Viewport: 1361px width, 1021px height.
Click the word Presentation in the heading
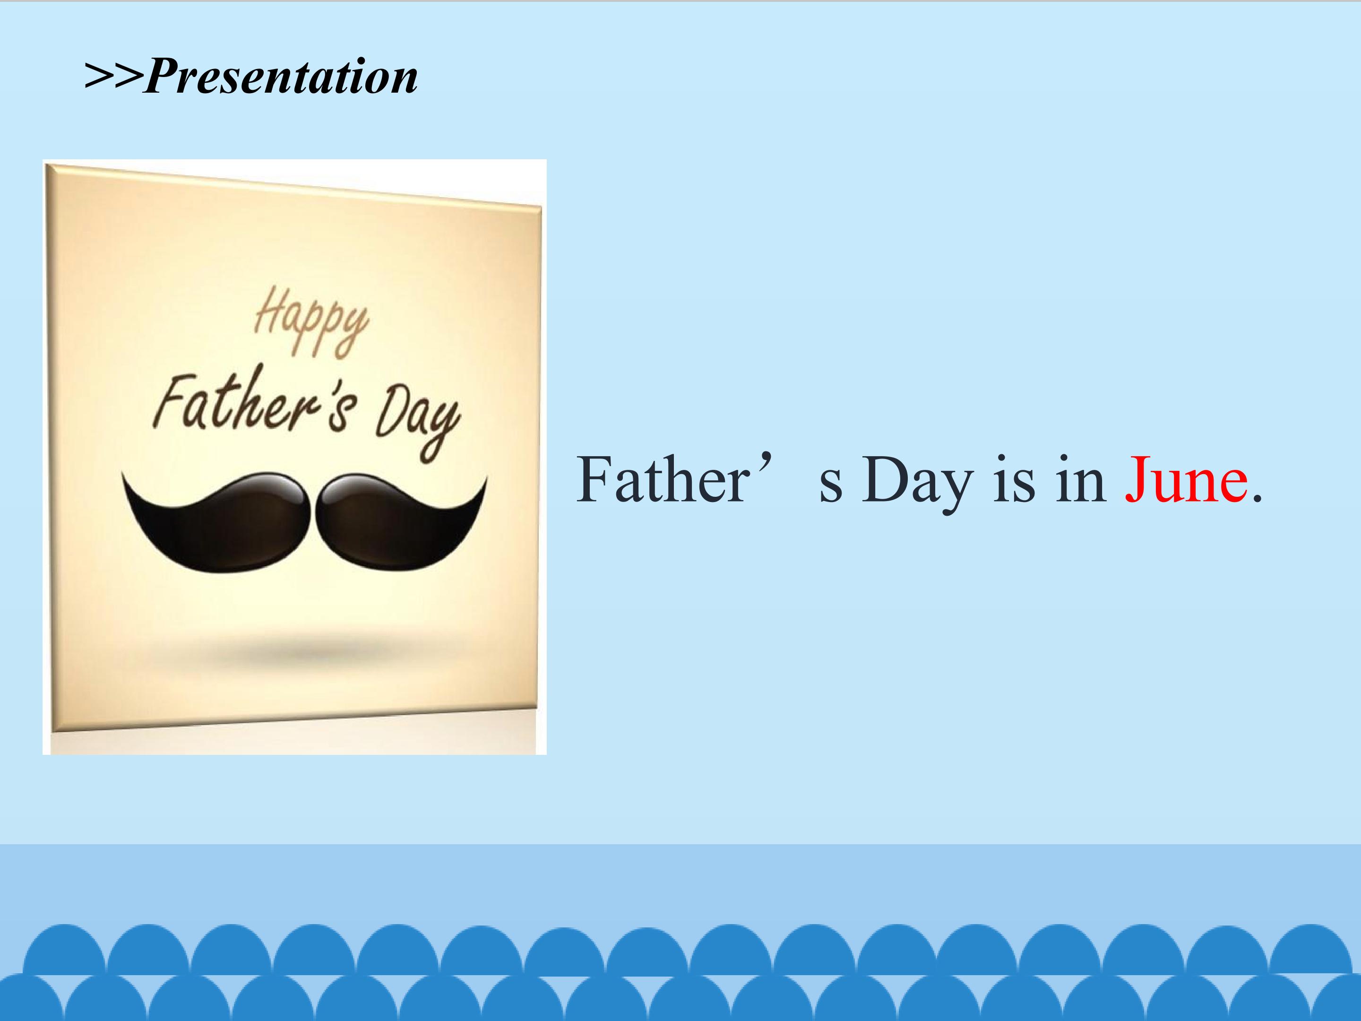[x=281, y=77]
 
